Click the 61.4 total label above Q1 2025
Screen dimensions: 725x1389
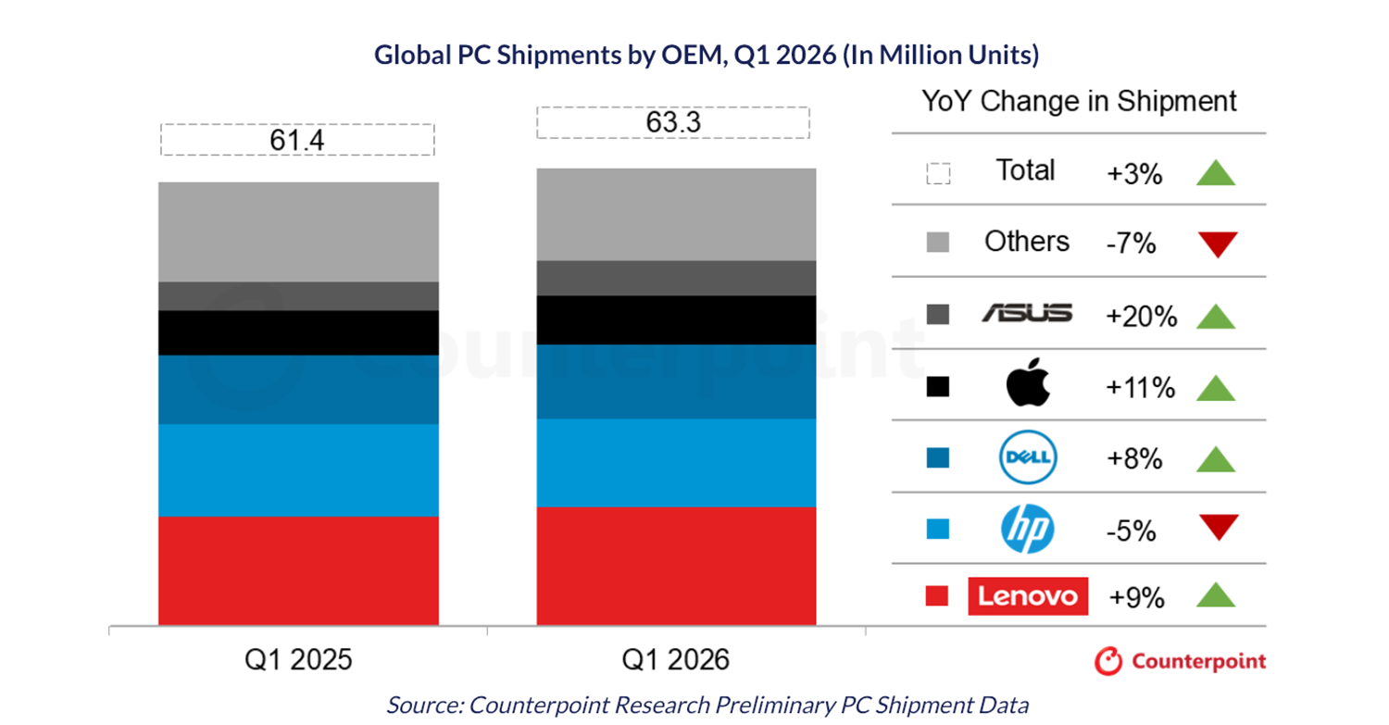297,140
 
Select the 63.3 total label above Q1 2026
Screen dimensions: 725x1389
673,122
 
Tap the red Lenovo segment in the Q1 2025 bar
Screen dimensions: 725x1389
298,569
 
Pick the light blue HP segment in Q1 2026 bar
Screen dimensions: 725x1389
676,462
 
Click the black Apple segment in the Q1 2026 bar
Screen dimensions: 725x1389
676,319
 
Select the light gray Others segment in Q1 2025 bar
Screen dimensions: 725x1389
298,231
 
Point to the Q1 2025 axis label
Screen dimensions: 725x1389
298,659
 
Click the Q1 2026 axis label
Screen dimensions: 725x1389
676,659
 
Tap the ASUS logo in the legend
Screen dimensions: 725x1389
1027,314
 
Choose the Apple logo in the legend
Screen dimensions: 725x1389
1027,384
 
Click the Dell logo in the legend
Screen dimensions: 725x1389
1028,457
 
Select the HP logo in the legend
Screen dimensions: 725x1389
1028,530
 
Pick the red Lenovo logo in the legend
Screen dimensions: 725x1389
1028,595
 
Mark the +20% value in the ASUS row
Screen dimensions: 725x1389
1141,316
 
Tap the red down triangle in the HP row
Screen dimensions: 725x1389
1217,527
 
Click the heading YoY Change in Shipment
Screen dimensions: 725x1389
1079,101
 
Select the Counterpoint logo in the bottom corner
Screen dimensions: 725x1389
1180,661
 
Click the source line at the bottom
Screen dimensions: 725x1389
707,705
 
